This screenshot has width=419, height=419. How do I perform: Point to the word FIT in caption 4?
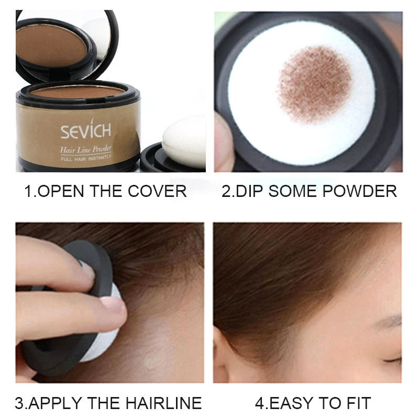click(x=358, y=403)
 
